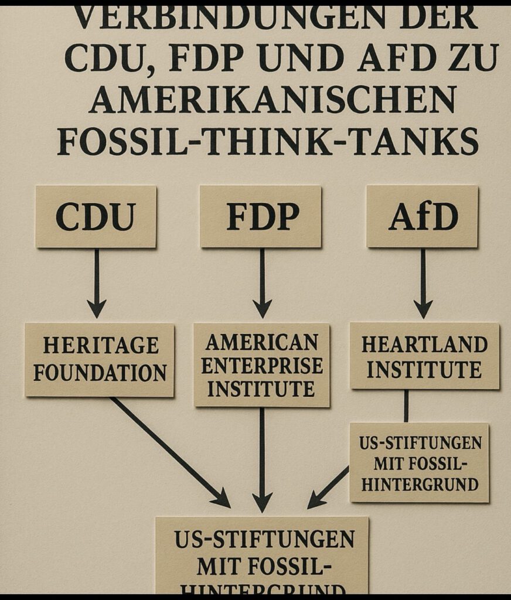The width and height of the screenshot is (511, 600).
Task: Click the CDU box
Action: [x=96, y=217]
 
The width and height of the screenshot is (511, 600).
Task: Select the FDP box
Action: [x=260, y=217]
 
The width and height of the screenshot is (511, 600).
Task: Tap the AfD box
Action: [x=422, y=217]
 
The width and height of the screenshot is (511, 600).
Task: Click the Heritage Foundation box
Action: [x=100, y=359]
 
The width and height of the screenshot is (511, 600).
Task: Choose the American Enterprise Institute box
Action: [x=261, y=365]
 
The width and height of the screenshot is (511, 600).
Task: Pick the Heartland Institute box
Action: [x=424, y=356]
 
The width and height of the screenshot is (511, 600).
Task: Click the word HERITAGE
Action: [x=101, y=345]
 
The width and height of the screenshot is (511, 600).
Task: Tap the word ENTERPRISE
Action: [x=262, y=366]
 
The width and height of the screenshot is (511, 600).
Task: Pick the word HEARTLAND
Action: [x=425, y=345]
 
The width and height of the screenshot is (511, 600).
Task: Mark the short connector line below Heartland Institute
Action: [x=406, y=405]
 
